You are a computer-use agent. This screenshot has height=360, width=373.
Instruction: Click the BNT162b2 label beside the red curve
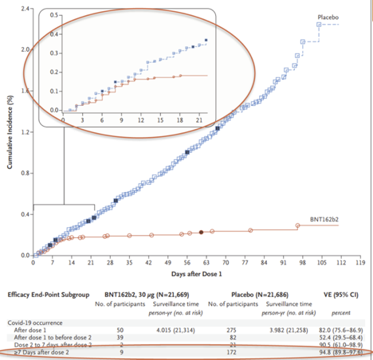pos(324,218)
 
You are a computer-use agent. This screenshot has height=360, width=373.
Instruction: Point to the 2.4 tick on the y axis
pos(27,8)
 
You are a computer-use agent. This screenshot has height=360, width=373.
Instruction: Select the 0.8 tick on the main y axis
pos(27,173)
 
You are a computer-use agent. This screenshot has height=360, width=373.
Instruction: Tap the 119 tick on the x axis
pos(360,261)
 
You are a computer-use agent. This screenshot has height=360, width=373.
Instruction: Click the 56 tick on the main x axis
pos(187,261)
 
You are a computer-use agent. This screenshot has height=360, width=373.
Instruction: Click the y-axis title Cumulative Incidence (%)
pos(10,131)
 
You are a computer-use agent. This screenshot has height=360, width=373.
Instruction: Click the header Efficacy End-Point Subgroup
pos(49,294)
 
